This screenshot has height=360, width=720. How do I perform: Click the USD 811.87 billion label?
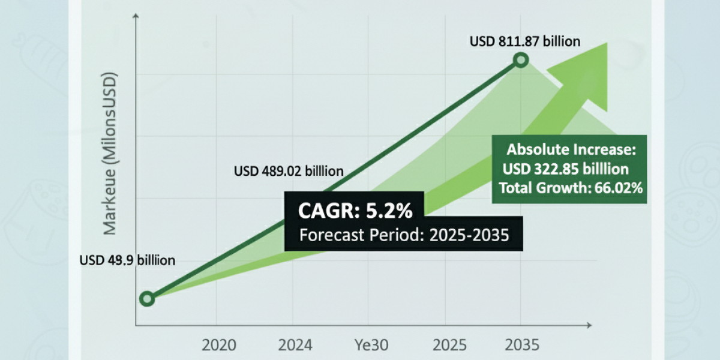[526, 41]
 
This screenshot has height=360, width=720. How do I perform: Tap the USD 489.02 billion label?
[289, 171]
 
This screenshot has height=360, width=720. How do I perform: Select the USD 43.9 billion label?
[127, 260]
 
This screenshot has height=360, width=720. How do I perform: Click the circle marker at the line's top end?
[521, 60]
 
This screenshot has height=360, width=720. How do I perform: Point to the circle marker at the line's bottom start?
[147, 298]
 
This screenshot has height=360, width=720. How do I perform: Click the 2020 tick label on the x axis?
[219, 345]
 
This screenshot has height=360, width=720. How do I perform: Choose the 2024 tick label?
[295, 345]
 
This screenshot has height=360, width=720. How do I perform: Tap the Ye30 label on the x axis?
[371, 345]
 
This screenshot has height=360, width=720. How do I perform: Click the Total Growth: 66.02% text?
[571, 188]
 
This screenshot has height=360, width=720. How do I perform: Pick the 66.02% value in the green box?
[618, 188]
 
